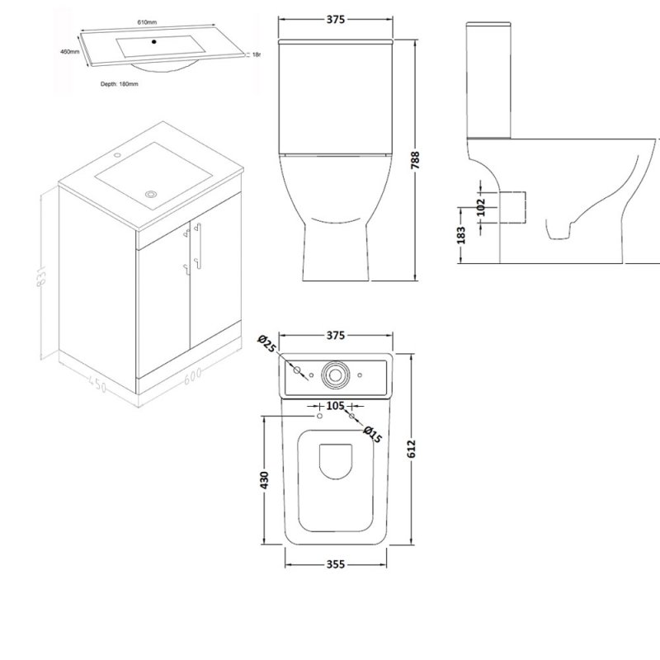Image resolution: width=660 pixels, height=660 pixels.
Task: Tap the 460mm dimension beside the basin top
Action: click(x=70, y=51)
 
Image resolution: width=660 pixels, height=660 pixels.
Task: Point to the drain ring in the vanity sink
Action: click(x=150, y=194)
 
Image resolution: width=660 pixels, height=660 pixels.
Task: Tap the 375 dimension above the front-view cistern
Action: click(x=334, y=21)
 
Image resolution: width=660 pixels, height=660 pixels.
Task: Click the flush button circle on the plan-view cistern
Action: click(x=334, y=372)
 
